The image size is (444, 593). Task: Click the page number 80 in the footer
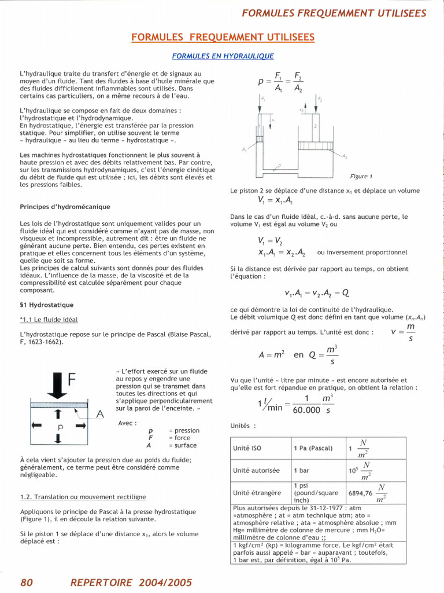27,583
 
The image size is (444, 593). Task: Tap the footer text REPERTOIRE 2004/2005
131,583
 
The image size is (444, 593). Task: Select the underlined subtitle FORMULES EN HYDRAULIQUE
223,56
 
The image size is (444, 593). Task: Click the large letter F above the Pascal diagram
72,379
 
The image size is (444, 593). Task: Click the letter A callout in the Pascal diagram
99,414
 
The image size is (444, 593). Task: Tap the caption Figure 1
361,176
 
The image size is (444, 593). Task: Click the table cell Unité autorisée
256,471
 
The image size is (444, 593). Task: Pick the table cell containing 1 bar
301,471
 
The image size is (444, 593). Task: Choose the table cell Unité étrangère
257,493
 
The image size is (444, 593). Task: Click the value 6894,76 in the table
360,493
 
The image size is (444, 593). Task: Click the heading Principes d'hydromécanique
65,207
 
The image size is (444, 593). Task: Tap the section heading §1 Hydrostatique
47,305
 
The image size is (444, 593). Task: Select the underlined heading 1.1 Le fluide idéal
49,320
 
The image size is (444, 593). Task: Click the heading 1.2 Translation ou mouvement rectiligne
83,497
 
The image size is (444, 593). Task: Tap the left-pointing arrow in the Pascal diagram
37,425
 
